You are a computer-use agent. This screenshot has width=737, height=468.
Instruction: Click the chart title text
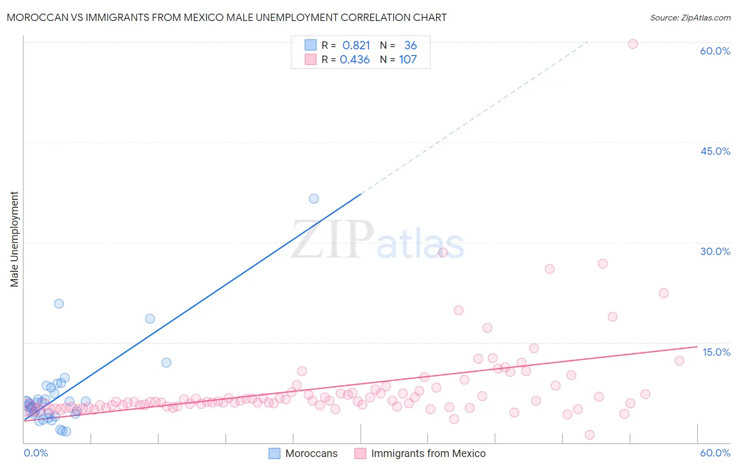click(x=226, y=17)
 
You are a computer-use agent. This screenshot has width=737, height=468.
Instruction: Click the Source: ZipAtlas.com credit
click(x=690, y=17)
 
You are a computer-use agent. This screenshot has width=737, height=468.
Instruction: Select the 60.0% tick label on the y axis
click(x=715, y=51)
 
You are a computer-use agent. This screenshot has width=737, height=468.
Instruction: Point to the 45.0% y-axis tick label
click(x=715, y=151)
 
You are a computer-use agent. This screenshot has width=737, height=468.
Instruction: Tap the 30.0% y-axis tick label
click(x=715, y=251)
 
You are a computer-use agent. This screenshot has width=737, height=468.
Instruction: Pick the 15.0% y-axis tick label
click(x=716, y=352)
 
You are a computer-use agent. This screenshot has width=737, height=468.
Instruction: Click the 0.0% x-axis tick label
click(x=36, y=453)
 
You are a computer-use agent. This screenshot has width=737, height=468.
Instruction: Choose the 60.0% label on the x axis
click(x=715, y=453)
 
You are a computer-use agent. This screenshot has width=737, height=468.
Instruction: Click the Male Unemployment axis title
click(x=15, y=239)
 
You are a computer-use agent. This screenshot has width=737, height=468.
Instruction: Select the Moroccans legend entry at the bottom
click(x=311, y=453)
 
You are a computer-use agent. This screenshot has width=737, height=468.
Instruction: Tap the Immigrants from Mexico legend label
click(x=428, y=453)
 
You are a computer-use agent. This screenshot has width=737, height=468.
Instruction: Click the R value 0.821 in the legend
click(x=356, y=46)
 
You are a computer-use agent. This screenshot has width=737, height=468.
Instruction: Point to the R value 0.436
click(x=355, y=60)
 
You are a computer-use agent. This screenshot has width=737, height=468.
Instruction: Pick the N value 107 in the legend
click(x=408, y=60)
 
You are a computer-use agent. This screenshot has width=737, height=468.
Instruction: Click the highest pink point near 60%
click(x=633, y=44)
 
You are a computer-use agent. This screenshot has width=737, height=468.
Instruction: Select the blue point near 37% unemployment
click(x=313, y=199)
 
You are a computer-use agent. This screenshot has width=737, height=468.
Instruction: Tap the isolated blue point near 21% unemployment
click(x=59, y=304)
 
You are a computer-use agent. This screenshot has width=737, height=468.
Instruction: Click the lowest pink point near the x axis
click(x=589, y=435)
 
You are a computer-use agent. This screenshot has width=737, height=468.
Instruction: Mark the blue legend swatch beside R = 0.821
click(x=310, y=46)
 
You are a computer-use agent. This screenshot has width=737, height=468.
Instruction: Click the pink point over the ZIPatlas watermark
click(x=442, y=252)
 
